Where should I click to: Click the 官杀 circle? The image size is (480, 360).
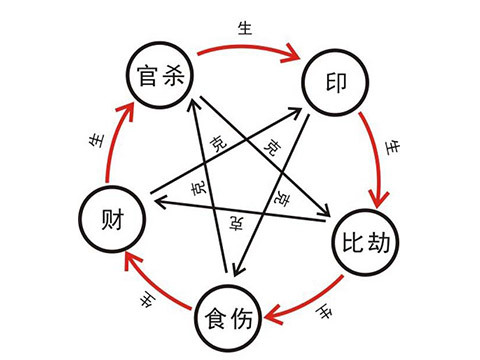tap(161, 70)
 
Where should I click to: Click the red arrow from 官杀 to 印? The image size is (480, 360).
tap(250, 48)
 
